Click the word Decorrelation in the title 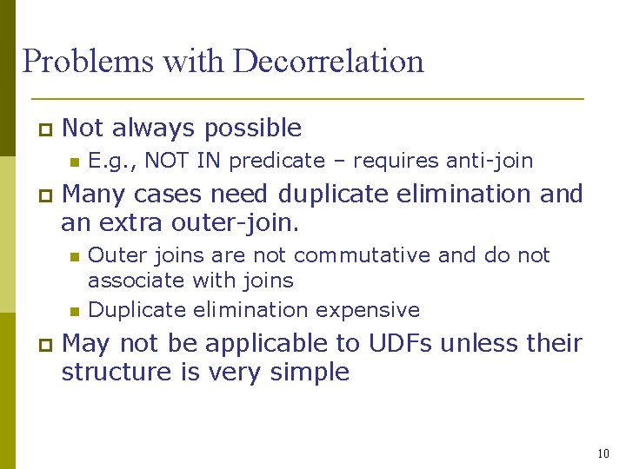pos(329,62)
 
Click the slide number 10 pos(604,453)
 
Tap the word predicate pos(276,161)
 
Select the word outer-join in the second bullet pos(243,223)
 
